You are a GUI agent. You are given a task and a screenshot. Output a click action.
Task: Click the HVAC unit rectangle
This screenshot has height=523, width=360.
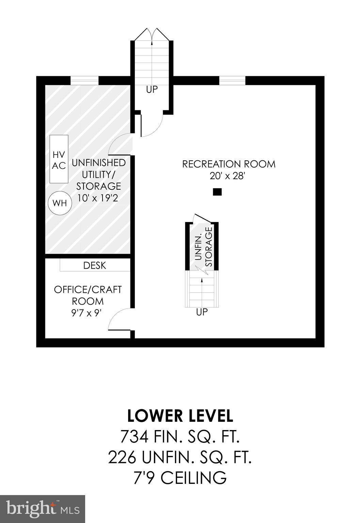point(59,159)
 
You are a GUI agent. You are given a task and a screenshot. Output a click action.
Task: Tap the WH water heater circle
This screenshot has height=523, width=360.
point(60,203)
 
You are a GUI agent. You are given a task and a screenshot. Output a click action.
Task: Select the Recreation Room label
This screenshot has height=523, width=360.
point(229,164)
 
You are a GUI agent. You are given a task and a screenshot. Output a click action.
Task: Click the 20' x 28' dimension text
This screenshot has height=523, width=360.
point(228,176)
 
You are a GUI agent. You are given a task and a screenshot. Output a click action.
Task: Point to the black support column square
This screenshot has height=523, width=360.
point(217,192)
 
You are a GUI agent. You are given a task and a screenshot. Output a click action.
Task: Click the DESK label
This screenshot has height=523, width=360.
point(95,266)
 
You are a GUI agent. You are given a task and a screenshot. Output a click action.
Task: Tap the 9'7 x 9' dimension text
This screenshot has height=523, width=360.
point(87,313)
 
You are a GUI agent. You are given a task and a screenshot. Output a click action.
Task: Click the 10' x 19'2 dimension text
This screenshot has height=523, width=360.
point(98,198)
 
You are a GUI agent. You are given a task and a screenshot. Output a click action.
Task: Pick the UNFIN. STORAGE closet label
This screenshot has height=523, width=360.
point(204,247)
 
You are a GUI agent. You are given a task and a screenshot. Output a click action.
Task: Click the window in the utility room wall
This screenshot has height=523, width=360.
point(84,80)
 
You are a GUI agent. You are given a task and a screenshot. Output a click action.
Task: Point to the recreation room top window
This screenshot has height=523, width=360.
point(232,80)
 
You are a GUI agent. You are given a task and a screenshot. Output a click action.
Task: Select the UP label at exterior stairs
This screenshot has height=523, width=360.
point(152,90)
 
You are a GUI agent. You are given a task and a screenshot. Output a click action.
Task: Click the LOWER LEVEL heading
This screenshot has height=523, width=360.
point(180,416)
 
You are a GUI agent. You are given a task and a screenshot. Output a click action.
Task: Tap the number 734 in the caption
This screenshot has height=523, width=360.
point(134,437)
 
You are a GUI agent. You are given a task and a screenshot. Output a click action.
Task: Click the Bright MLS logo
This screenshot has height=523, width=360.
point(43,509)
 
